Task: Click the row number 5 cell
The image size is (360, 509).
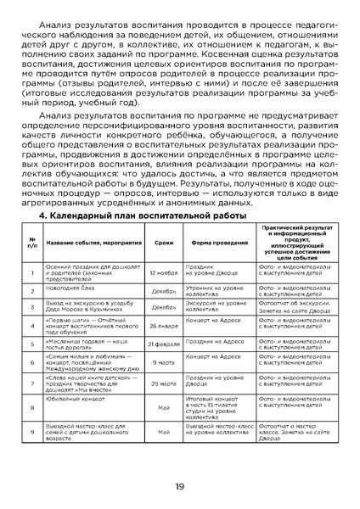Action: pyautogui.click(x=31, y=344)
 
